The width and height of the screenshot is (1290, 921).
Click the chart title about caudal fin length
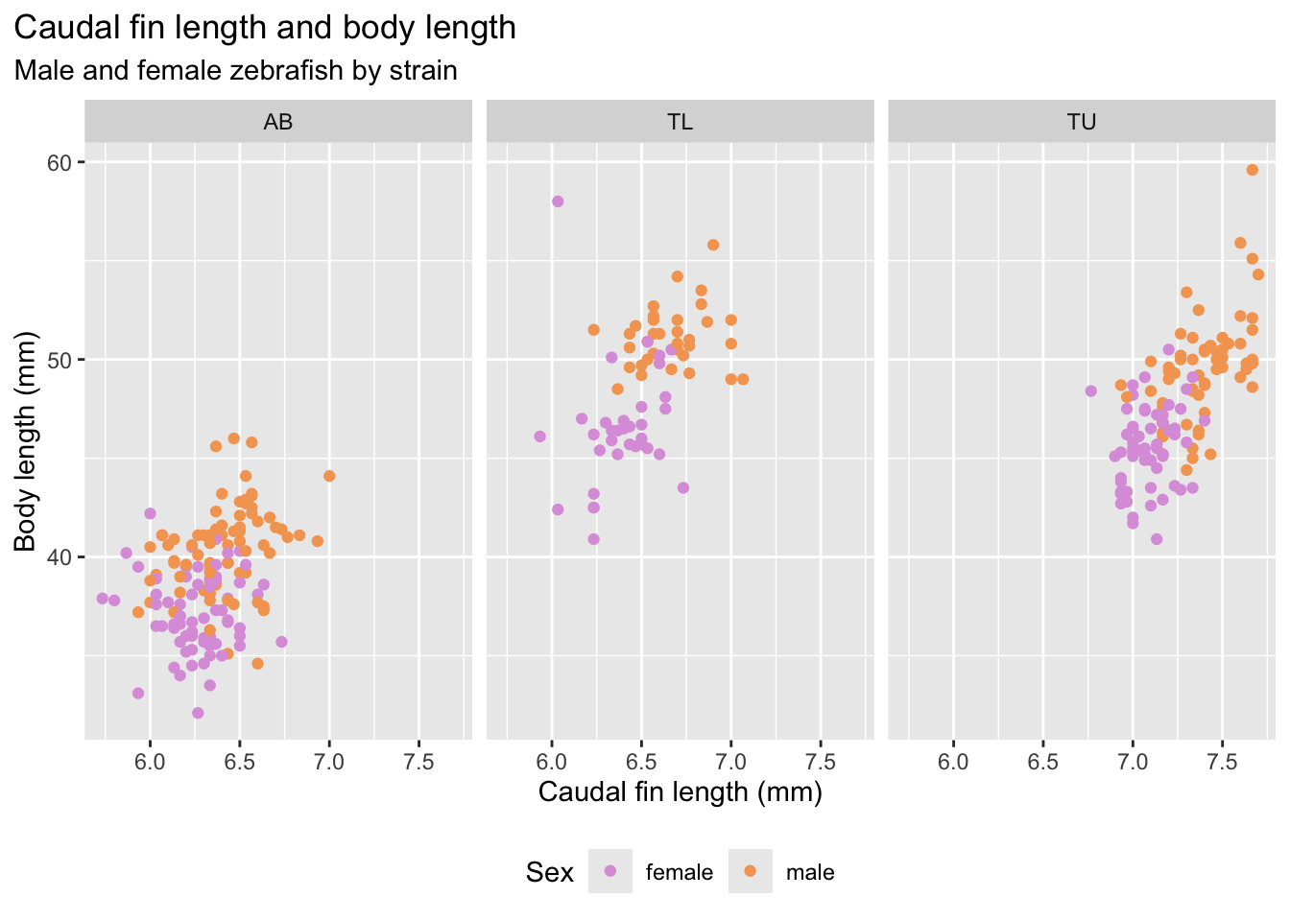coord(265,28)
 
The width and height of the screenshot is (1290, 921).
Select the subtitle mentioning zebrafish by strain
coord(235,71)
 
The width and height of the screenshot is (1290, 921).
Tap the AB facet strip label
coord(278,122)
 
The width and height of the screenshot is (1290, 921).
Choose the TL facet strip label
coord(680,122)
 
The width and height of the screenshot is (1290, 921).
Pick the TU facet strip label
coord(1082,122)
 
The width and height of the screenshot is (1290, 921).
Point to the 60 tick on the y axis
coord(60,162)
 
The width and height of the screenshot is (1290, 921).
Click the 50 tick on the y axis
coord(60,360)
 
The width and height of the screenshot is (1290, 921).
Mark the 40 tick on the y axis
coord(60,557)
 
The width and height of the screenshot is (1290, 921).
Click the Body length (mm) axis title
coord(26,441)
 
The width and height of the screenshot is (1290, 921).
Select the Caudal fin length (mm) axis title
coord(680,792)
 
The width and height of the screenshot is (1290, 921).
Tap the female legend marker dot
coord(610,871)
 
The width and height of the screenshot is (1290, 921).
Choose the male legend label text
coord(810,872)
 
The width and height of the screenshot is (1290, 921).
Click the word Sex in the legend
coord(549,872)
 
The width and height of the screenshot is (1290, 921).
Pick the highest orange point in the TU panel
coord(1252,170)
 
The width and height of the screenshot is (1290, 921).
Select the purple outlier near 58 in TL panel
coord(558,201)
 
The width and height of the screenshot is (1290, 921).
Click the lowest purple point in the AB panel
coord(198,713)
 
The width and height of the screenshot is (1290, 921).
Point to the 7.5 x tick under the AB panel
coord(419,762)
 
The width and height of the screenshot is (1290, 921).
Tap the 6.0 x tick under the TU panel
coord(953,762)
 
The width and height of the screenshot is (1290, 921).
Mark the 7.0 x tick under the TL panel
coord(731,762)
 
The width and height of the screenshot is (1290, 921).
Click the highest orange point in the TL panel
coord(713,245)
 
